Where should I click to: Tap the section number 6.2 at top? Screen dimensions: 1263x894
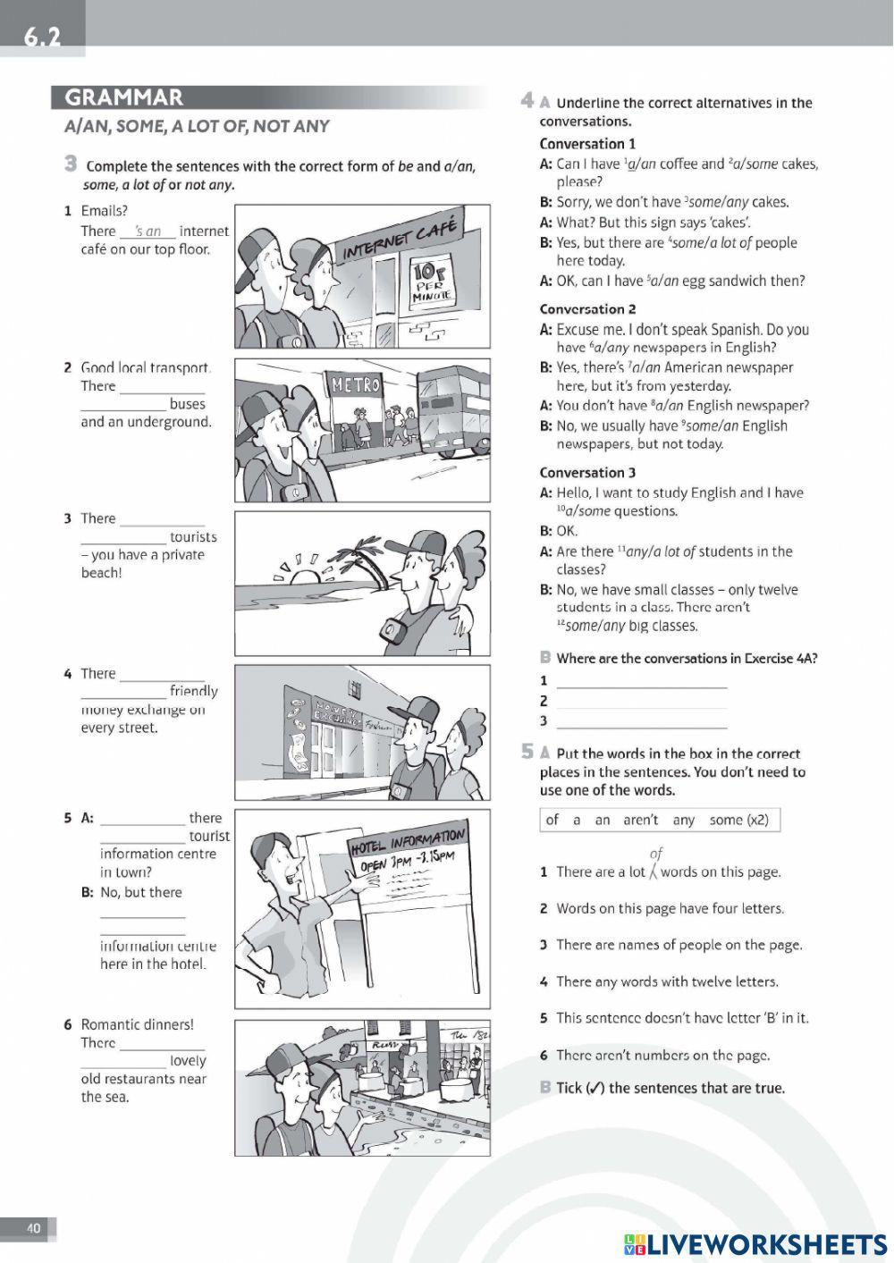coord(42,37)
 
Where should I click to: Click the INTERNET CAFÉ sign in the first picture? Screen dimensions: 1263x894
coord(400,240)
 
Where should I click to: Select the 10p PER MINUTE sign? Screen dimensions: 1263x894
coord(434,281)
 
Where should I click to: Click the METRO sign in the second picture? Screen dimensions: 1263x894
coord(356,385)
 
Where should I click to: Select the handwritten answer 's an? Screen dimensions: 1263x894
coord(148,231)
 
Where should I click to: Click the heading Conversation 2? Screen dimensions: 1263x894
coord(587,309)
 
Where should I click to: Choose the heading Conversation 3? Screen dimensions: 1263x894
coord(587,473)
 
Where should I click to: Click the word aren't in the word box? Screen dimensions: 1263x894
coord(640,820)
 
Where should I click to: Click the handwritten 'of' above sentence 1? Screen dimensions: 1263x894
coord(656,854)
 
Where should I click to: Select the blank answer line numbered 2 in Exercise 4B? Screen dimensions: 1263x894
coord(642,702)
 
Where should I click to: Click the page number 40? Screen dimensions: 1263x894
coord(33,1228)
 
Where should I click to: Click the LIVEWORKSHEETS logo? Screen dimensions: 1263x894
coord(755,1244)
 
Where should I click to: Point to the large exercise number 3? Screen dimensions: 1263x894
coord(70,164)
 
